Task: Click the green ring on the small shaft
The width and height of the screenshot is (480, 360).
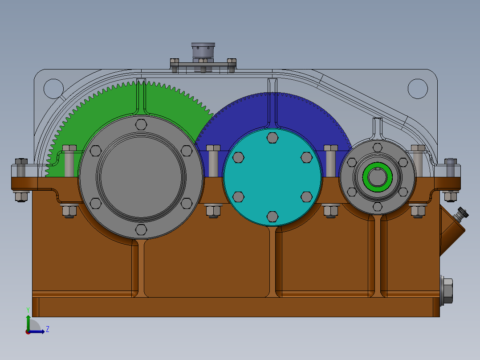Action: click(377, 177)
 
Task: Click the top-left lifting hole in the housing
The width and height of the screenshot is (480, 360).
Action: click(53, 88)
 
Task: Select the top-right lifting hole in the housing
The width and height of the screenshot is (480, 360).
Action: click(418, 88)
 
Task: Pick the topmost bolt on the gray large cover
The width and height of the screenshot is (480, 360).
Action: click(141, 124)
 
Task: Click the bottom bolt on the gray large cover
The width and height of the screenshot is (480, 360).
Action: click(141, 229)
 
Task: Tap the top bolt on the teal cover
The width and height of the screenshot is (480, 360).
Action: click(272, 138)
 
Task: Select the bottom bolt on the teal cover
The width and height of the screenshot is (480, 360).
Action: click(272, 217)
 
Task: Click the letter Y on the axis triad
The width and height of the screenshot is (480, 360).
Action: click(28, 309)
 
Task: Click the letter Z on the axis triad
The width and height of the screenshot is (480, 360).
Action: click(47, 329)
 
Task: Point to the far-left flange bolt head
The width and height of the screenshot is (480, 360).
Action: click(21, 163)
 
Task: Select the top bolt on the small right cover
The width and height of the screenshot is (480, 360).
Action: click(377, 147)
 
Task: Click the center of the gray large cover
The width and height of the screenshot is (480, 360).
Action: click(141, 176)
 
